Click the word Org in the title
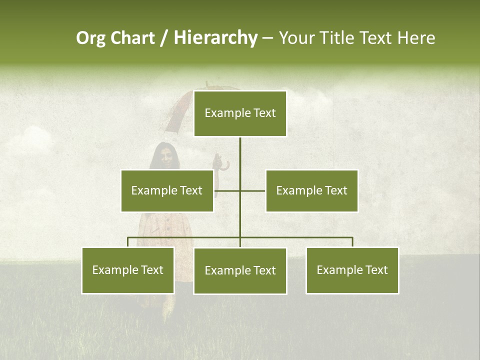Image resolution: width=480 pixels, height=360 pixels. pyautogui.click(x=91, y=38)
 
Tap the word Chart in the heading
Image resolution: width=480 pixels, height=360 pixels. pyautogui.click(x=133, y=38)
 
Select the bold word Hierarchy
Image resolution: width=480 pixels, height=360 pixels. pyautogui.click(x=215, y=38)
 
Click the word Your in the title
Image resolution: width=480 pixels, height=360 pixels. pyautogui.click(x=297, y=38)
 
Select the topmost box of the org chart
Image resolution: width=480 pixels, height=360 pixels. pyautogui.click(x=240, y=113)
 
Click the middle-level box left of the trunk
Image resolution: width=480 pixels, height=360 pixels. pyautogui.click(x=167, y=191)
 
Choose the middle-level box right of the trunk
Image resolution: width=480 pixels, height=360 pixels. pyautogui.click(x=311, y=191)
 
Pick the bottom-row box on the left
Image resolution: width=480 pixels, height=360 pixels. pyautogui.click(x=128, y=270)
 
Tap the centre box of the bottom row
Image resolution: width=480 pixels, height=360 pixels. pyautogui.click(x=240, y=271)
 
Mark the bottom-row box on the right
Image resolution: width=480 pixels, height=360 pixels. pyautogui.click(x=352, y=270)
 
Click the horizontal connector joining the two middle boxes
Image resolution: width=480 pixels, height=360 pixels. pyautogui.click(x=252, y=190)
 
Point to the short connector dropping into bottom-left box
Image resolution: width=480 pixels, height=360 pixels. pyautogui.click(x=128, y=242)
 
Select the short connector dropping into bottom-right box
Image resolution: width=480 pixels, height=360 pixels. pyautogui.click(x=352, y=242)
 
